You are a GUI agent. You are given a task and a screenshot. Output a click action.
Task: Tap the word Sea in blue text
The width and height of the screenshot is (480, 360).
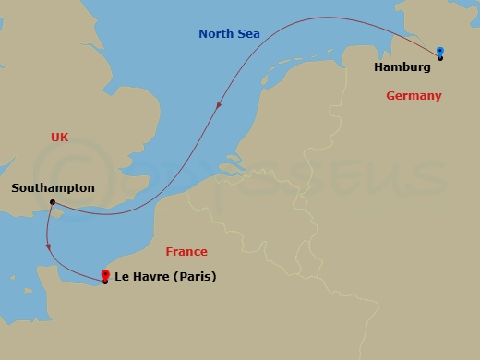pyautogui.click(x=248, y=34)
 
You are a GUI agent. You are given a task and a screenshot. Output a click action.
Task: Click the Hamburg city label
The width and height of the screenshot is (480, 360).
pyautogui.click(x=403, y=67)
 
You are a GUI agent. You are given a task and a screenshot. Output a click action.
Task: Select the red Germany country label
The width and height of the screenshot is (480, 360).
pyautogui.click(x=414, y=96)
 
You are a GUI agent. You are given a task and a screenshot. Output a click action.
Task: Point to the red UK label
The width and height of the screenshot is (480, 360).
pyautogui.click(x=60, y=137)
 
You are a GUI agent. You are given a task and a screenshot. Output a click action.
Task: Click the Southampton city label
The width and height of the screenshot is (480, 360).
pyautogui.click(x=53, y=187)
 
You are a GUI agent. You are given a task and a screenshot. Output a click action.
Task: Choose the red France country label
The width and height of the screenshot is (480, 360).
pyautogui.click(x=186, y=252)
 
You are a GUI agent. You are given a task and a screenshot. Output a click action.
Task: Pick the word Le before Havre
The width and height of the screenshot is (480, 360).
pyautogui.click(x=121, y=276)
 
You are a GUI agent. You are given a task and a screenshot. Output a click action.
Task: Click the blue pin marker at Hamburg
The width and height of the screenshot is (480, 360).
pyautogui.click(x=440, y=51)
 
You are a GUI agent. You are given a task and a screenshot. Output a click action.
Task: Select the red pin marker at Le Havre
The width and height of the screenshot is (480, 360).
pyautogui.click(x=105, y=274)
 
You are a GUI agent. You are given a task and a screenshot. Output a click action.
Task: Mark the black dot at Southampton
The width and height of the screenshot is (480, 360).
pyautogui.click(x=53, y=202)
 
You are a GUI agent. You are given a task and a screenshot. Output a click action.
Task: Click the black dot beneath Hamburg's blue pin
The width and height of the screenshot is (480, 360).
pyautogui.click(x=440, y=58)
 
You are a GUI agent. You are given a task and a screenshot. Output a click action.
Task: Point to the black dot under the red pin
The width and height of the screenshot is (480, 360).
pyautogui.click(x=105, y=282)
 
